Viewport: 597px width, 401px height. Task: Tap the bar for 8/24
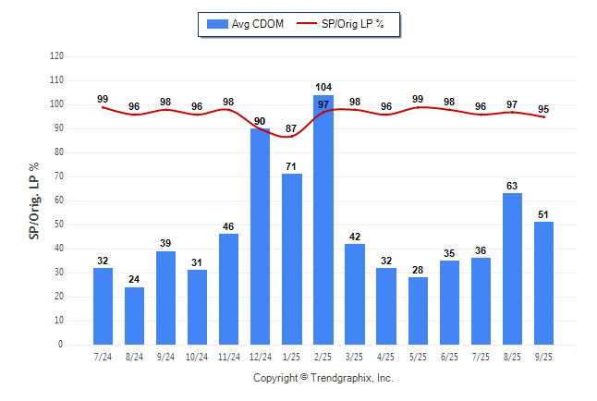point(135,315)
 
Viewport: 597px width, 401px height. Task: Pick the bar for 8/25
point(512,268)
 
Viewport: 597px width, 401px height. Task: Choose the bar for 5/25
point(418,310)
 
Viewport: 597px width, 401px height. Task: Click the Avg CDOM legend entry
point(247,23)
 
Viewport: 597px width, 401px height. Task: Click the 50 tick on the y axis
point(59,225)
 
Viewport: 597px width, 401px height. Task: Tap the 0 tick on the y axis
point(61,345)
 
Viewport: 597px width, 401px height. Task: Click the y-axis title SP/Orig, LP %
point(34,200)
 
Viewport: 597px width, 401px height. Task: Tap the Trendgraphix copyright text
point(323,378)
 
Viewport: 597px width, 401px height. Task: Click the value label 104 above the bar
point(323,89)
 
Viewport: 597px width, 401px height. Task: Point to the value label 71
point(292,167)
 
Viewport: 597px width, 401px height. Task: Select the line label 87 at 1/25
point(292,128)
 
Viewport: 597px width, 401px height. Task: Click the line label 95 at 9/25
point(543,108)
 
